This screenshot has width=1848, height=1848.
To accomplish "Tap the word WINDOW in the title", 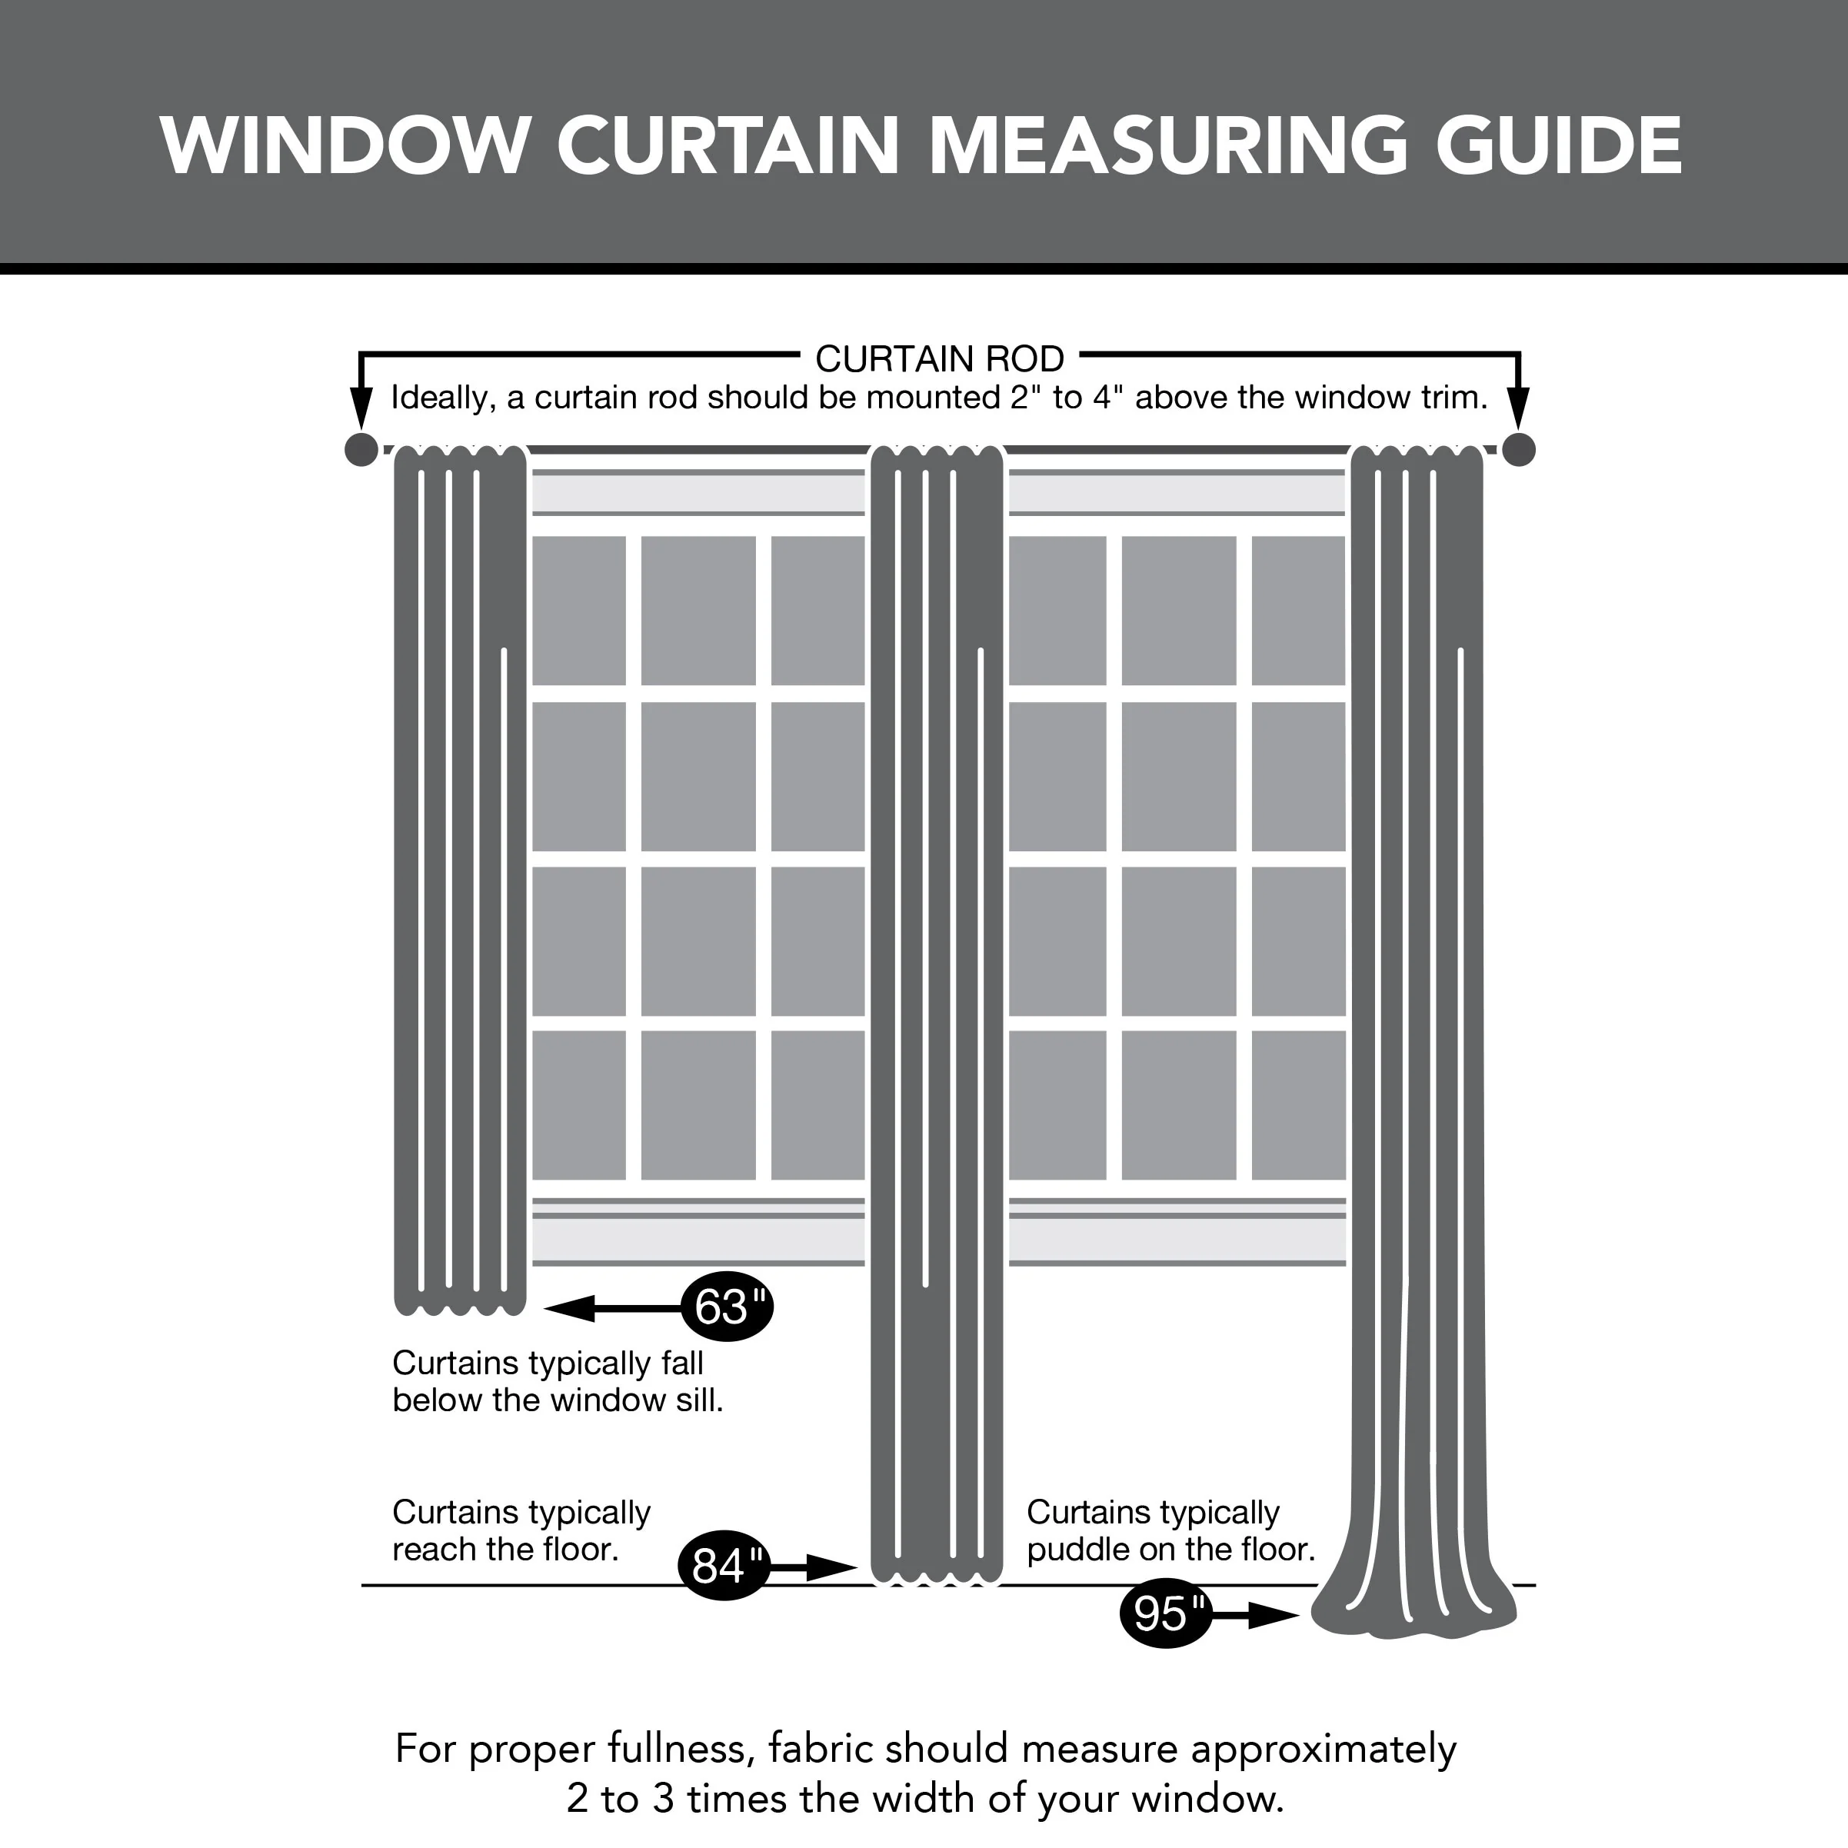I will [345, 145].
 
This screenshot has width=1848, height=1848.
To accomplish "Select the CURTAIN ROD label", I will [938, 358].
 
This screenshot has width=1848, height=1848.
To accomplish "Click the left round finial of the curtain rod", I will [361, 450].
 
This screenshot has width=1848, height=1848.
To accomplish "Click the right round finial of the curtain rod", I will [1518, 450].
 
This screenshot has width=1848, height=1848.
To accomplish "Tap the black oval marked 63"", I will [727, 1307].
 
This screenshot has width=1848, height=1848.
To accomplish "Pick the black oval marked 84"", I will [724, 1566].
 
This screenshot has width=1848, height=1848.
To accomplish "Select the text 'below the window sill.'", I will [558, 1400].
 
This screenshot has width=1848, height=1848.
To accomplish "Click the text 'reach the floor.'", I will [505, 1549].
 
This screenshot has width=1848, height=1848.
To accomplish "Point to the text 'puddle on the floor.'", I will [1170, 1549].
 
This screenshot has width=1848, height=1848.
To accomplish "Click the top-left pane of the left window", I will [578, 611].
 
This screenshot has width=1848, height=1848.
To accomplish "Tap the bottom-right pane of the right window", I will [1298, 1105].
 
